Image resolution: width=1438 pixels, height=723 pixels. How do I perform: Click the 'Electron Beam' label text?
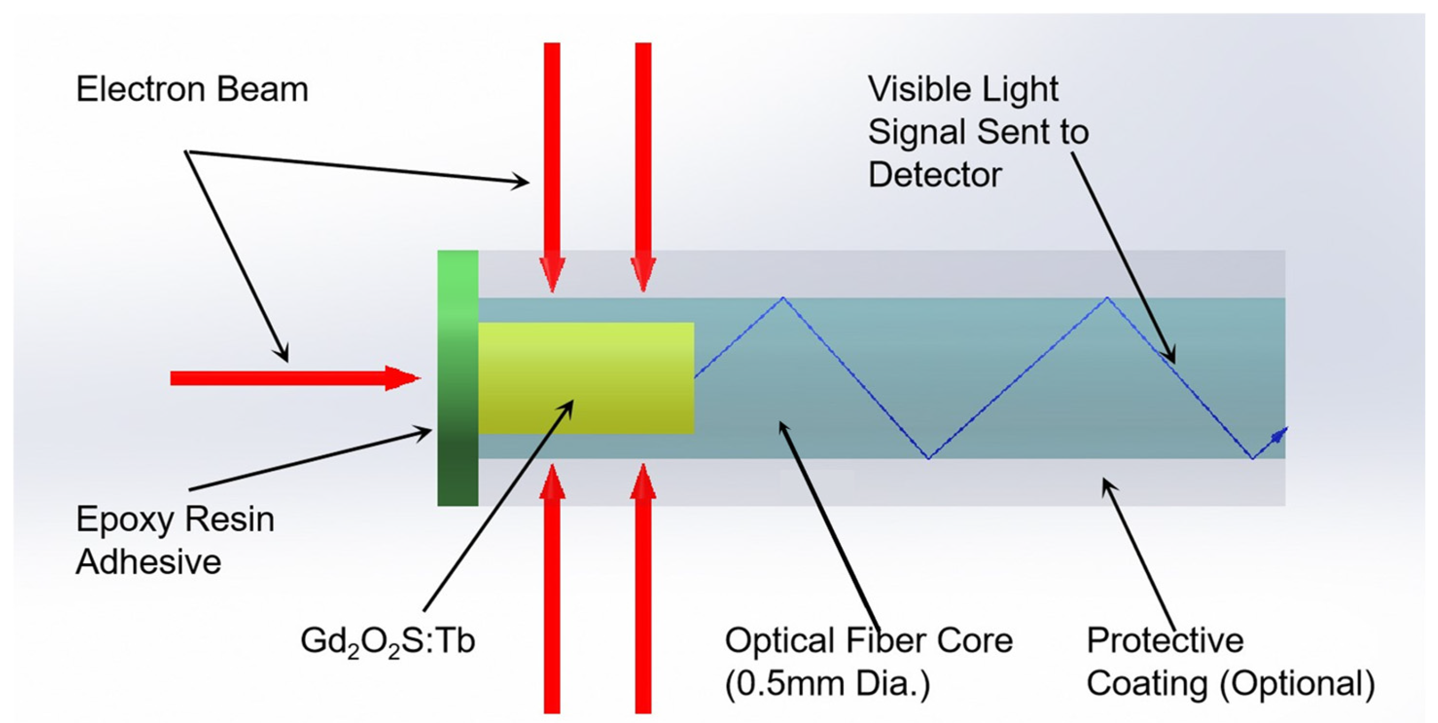(x=192, y=89)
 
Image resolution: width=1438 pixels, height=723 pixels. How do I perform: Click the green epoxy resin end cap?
(x=457, y=378)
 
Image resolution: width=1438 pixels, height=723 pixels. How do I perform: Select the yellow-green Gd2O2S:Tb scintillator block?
(x=585, y=378)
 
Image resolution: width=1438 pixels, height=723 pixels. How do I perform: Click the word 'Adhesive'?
(x=148, y=562)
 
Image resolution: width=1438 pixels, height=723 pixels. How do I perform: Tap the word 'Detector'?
(x=935, y=175)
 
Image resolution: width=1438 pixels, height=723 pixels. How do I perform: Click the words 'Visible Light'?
(x=963, y=89)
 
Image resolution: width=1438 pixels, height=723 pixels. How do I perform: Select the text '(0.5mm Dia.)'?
(x=827, y=683)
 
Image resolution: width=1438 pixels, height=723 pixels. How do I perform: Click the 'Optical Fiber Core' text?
(x=868, y=640)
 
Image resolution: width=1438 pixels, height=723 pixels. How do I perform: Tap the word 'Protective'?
(x=1165, y=640)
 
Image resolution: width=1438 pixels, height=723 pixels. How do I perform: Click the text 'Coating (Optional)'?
(x=1230, y=683)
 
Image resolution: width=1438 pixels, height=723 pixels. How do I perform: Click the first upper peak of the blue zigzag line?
(x=783, y=298)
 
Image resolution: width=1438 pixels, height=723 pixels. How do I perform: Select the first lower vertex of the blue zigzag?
(x=928, y=458)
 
